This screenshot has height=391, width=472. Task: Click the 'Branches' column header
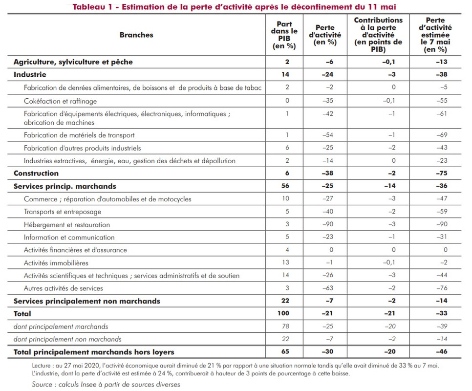[x=136, y=35]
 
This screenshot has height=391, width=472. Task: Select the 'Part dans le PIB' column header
[x=284, y=35]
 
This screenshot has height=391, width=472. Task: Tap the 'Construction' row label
[x=36, y=174]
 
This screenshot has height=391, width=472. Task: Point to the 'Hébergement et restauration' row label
[x=67, y=225]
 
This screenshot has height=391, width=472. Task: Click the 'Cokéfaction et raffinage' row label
[x=61, y=101]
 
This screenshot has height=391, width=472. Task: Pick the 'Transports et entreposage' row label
[x=63, y=212]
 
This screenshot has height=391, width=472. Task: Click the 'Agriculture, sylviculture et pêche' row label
[x=73, y=62]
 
